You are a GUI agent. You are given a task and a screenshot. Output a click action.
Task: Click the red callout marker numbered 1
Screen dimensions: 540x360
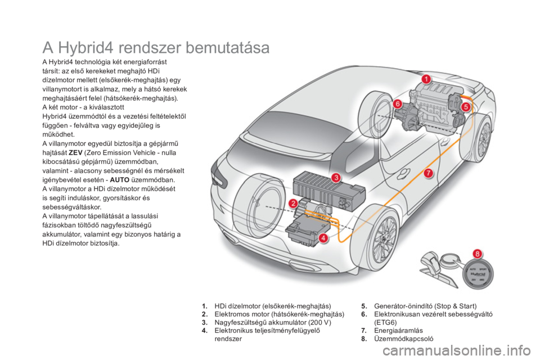pos(426,79)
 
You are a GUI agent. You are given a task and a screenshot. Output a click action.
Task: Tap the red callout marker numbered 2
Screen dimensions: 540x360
pos(293,204)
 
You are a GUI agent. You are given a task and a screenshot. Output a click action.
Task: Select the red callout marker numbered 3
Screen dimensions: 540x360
pos(336,178)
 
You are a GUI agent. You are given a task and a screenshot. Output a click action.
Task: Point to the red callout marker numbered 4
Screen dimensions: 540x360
pos(323,238)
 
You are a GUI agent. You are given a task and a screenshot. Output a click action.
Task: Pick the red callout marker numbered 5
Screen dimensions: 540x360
pos(466,107)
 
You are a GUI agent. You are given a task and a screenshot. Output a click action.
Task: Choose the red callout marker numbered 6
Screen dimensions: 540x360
pos(398,104)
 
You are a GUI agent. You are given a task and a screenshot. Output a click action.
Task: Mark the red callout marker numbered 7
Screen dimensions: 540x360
pos(428,173)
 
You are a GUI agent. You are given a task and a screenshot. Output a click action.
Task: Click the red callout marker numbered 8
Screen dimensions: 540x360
pos(478,254)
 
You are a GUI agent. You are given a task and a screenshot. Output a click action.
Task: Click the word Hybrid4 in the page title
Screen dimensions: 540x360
pos(85,48)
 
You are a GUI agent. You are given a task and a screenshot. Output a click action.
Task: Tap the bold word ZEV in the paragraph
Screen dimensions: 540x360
pos(75,152)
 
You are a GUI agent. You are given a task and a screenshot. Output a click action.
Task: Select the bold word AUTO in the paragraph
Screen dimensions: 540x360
pos(120,180)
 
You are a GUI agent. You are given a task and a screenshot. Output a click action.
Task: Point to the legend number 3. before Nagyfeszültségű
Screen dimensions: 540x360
pos(205,322)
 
